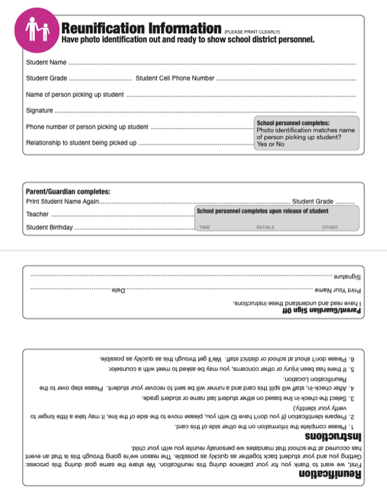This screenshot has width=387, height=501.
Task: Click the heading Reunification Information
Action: [x=141, y=28]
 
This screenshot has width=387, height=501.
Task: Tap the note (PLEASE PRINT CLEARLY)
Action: [x=252, y=32]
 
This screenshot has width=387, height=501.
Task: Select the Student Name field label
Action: [x=46, y=63]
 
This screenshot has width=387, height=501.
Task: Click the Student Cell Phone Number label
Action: [x=175, y=79]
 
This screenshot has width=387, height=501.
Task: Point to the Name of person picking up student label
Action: [x=75, y=95]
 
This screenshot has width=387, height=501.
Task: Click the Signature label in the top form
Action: [x=39, y=111]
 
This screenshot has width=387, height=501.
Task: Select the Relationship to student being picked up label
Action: [x=81, y=143]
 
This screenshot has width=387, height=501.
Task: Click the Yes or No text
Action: [x=270, y=144]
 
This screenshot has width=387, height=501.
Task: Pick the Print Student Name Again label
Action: [x=63, y=202]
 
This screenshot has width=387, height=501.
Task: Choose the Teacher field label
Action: [x=37, y=214]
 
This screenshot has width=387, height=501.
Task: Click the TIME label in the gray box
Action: [x=204, y=227]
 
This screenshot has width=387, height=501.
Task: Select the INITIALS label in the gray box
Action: [x=265, y=227]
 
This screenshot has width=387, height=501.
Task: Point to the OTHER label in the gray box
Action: [x=330, y=227]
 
